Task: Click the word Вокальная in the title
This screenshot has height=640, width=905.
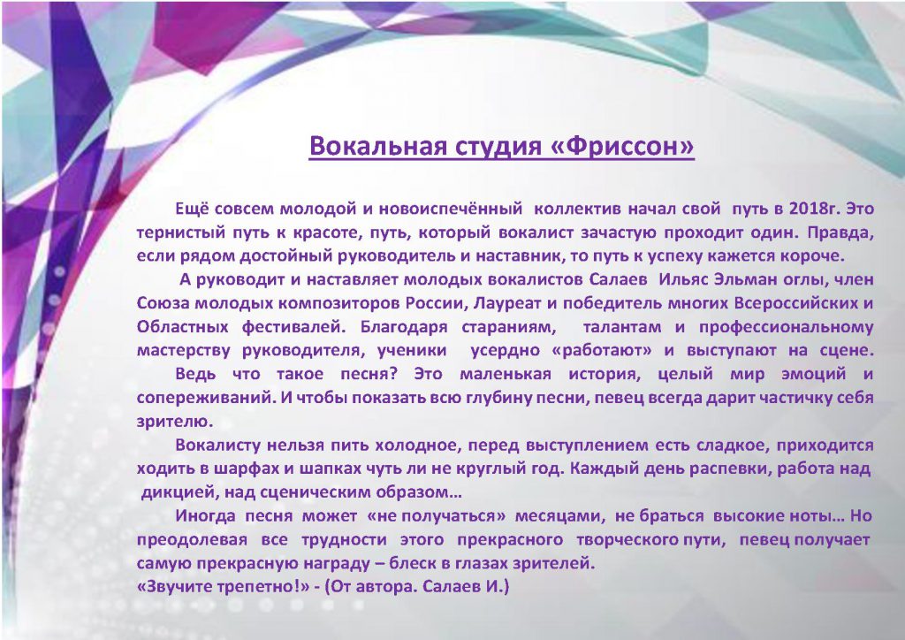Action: coord(378,146)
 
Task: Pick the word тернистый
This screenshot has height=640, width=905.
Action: coord(180,232)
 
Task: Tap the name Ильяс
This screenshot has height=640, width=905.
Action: coord(684,279)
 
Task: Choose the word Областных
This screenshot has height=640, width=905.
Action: coord(182,327)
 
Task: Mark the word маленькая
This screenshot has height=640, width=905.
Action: coord(505,374)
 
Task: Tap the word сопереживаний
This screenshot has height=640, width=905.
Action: coord(207,398)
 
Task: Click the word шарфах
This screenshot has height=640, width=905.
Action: coord(246,469)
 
